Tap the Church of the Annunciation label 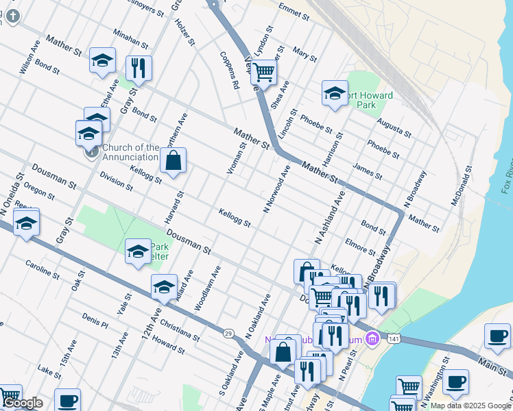click(x=131, y=152)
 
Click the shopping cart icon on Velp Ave click(x=263, y=72)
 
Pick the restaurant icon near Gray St click(x=139, y=68)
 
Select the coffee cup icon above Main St click(x=497, y=335)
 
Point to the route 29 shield click(x=228, y=333)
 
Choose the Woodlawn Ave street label click(x=207, y=288)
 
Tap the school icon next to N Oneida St click(x=26, y=223)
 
